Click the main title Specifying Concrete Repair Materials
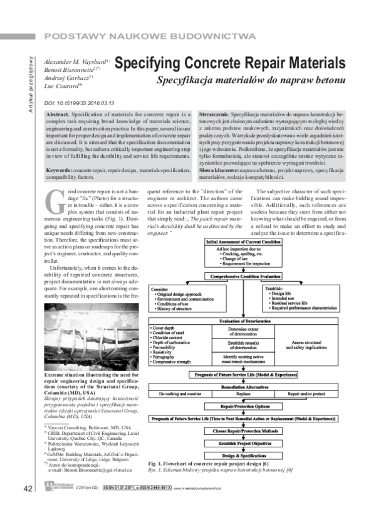tap(230, 64)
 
